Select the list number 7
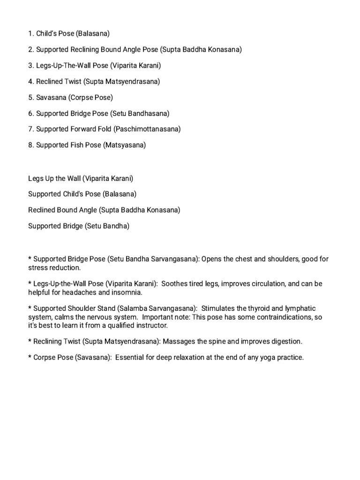pos(30,129)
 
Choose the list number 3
pos(30,65)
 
